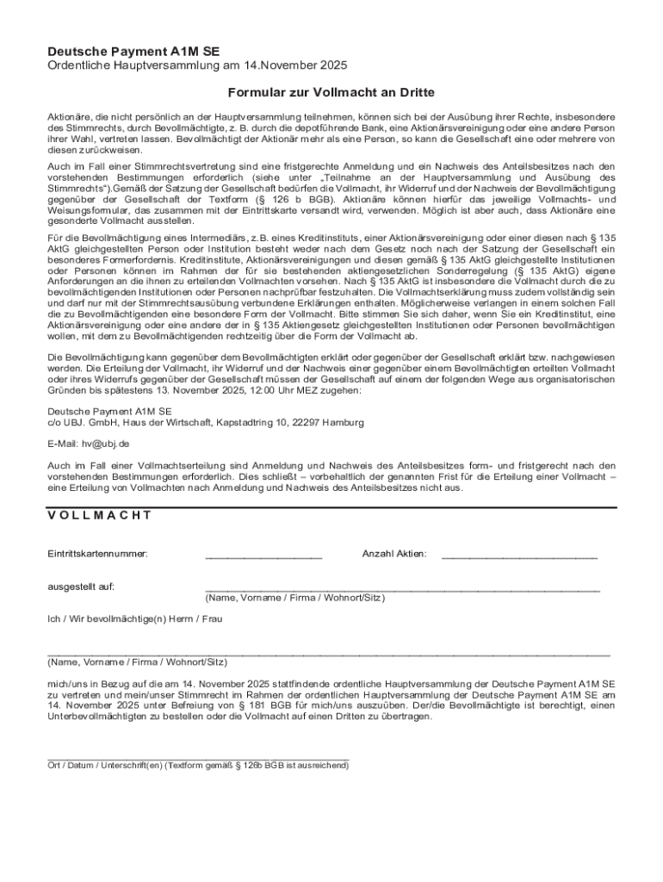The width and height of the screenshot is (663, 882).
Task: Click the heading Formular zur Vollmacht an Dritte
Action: (331, 92)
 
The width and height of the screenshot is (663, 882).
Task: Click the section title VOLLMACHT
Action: (100, 515)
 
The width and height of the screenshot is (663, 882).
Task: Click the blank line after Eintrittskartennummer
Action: (263, 558)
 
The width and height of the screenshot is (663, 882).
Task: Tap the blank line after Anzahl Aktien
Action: (519, 558)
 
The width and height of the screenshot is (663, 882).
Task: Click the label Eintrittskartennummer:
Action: (97, 554)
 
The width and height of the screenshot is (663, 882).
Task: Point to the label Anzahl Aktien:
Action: (394, 554)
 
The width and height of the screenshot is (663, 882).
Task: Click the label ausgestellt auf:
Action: (81, 587)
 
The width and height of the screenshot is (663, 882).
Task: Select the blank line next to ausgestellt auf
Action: (401, 590)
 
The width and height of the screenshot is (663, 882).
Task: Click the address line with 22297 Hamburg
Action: (206, 423)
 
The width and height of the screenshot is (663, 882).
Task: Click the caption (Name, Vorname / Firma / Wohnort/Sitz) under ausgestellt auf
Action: (294, 598)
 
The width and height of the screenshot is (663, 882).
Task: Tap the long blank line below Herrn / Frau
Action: (328, 655)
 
